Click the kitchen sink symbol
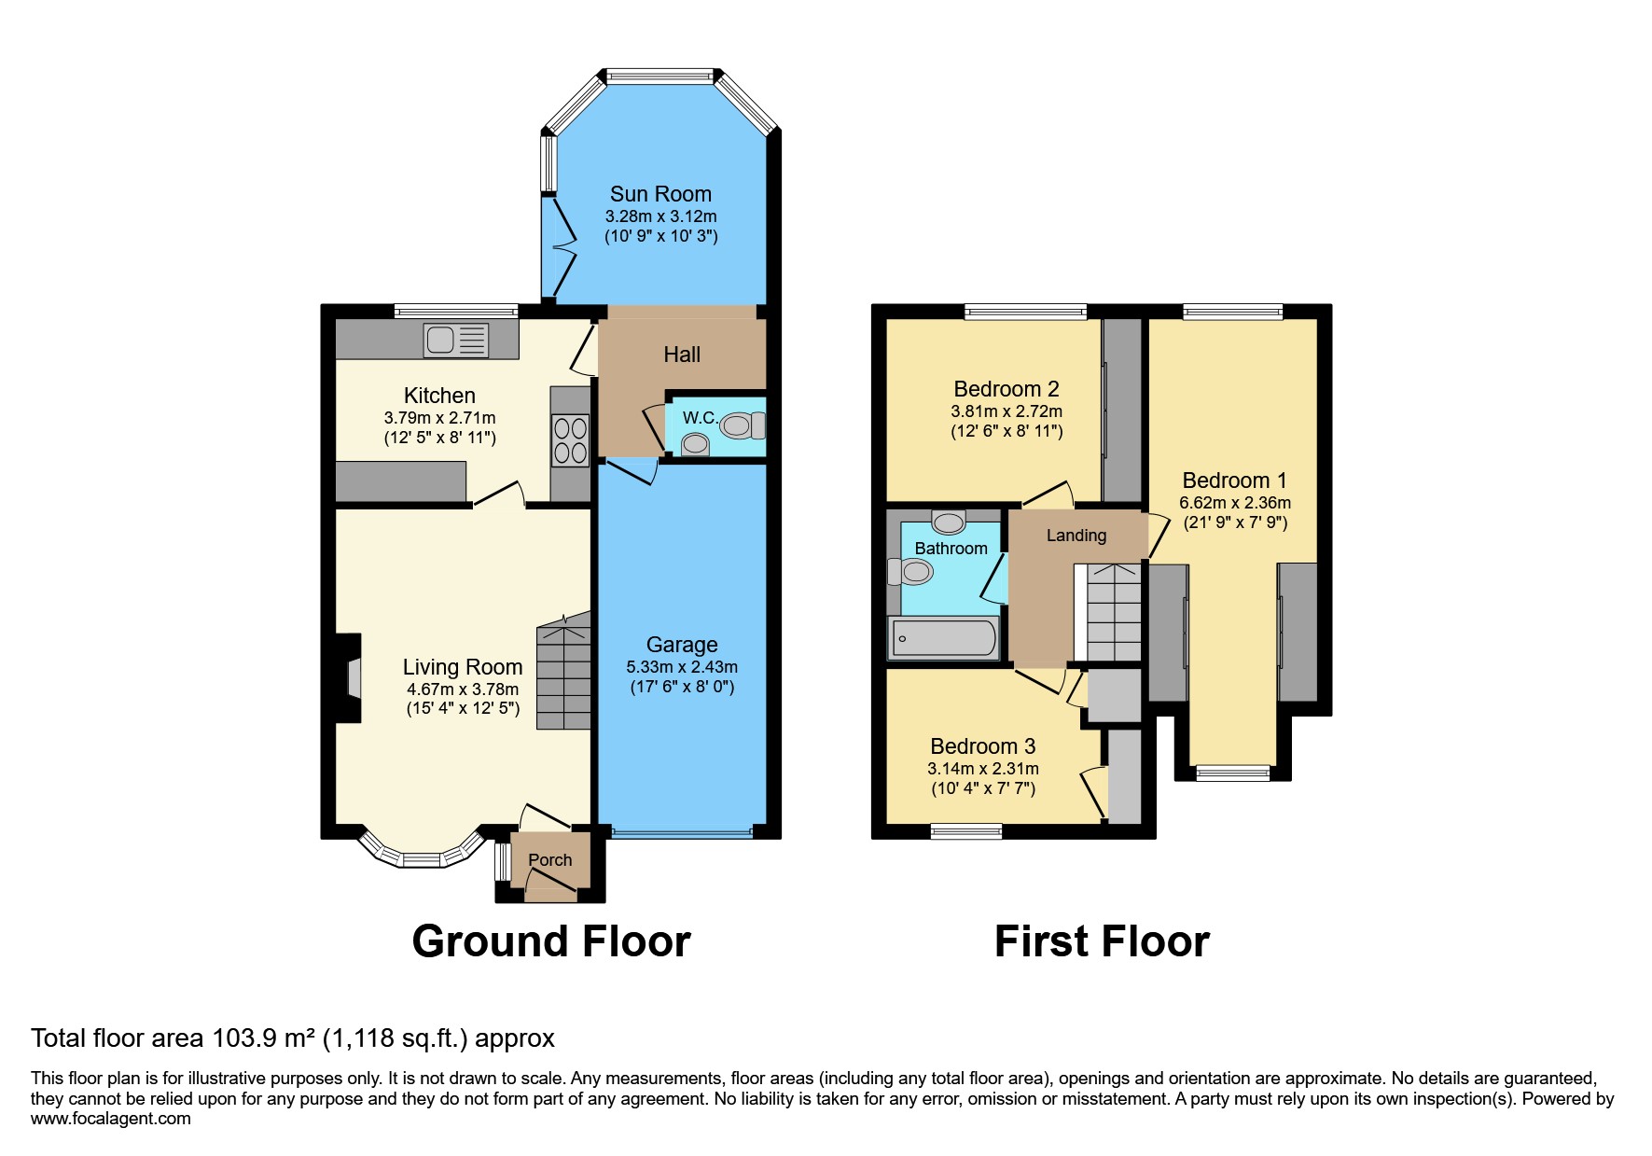pos(455,341)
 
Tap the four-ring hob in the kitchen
pos(571,440)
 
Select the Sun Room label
pos(660,194)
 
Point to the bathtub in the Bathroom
pos(944,639)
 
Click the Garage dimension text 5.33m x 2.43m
pos(682,667)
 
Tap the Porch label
pos(549,860)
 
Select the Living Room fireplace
pos(351,677)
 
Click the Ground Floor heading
pos(551,941)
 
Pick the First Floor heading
pos(1102,941)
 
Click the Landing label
pos(1076,536)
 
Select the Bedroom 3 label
pos(982,746)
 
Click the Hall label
pos(682,355)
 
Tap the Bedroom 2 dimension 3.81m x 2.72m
pos(1006,411)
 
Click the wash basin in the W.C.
pos(694,446)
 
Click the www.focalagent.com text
pos(110,1119)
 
